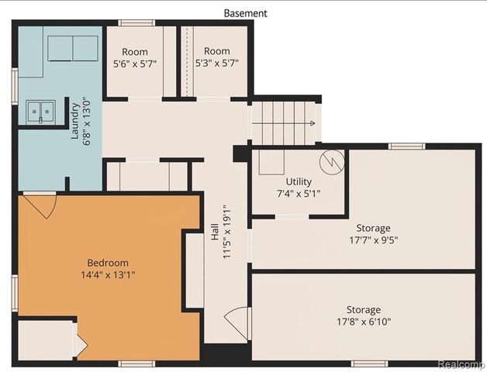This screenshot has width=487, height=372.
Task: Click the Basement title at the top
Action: coord(245,13)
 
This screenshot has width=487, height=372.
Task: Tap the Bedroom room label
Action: coord(107,263)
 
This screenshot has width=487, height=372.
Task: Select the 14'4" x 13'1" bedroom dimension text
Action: coord(107,274)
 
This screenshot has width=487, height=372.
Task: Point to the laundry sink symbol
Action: coord(40,113)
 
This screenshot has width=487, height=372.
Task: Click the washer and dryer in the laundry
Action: coord(73,48)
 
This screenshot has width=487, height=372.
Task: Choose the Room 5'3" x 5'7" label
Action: coord(217,57)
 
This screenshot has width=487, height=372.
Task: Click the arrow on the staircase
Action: coord(309,123)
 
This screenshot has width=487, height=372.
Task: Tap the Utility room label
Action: coord(298,181)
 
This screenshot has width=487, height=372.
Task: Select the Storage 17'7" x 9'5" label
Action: coord(373,234)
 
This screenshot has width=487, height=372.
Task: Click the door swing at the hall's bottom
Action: coord(239,323)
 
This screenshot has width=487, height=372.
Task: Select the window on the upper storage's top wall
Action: coord(406,146)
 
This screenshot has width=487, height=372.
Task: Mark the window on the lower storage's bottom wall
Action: coord(368,363)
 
